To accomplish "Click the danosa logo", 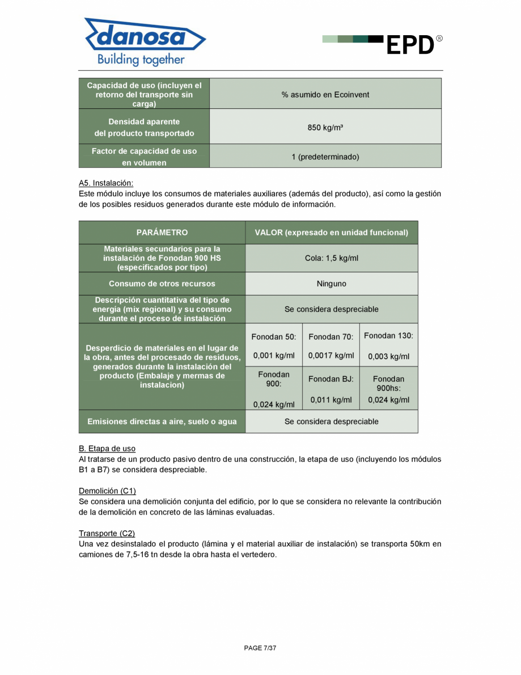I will point(145,41).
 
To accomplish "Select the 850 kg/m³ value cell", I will point(325,128).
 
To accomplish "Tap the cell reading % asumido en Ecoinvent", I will point(325,95).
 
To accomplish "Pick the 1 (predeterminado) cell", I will point(325,157).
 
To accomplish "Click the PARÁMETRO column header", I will point(162,233).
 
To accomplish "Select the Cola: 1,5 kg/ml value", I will point(332,258).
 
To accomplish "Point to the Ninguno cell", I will point(332,284).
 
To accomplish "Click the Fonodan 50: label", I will point(274,337).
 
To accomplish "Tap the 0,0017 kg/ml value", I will point(331,356).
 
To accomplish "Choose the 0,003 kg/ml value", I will point(388,357).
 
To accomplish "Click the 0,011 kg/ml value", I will point(331,400).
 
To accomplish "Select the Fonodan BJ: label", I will point(331,379).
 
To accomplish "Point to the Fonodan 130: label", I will point(388,336).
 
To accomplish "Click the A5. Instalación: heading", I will point(106,183).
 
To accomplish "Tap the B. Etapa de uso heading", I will point(107,449).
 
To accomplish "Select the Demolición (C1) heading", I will point(107,491).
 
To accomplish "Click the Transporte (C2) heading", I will point(107,534).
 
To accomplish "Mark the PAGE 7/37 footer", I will point(260,648).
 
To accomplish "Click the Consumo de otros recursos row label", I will point(162,284).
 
